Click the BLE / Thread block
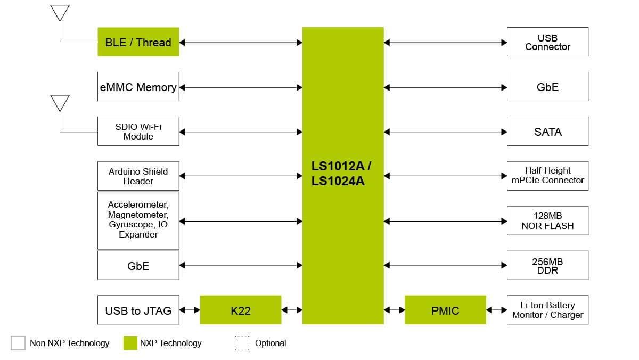[138, 42]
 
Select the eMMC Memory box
[138, 87]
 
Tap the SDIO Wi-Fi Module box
[138, 132]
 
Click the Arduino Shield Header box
[138, 176]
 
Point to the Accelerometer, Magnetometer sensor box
[138, 220]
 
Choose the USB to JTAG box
[138, 310]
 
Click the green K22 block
[240, 310]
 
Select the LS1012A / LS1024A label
[341, 174]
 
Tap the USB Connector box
[547, 42]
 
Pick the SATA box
[547, 132]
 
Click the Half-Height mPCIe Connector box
[547, 176]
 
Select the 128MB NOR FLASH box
[547, 220]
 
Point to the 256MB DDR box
[547, 265]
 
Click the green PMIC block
[445, 310]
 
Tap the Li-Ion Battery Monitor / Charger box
[547, 310]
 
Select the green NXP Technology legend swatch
[130, 343]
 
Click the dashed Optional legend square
[242, 343]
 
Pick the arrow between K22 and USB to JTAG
[190, 310]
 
